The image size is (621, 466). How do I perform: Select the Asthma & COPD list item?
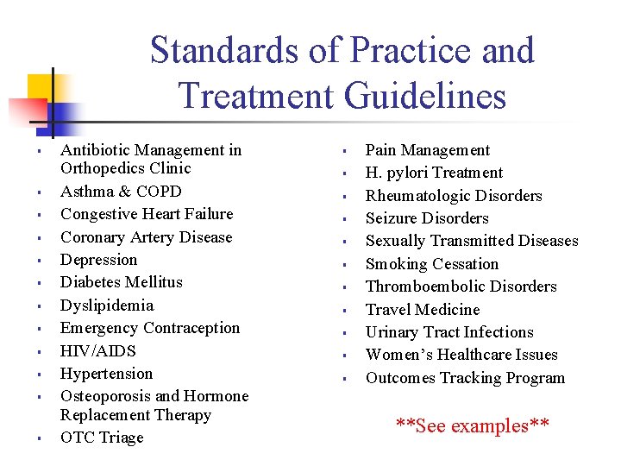[x=121, y=192]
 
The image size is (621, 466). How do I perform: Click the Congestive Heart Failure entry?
[x=147, y=214]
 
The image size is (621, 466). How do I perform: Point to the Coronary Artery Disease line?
[x=146, y=237]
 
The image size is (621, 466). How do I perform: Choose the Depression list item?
[x=99, y=260]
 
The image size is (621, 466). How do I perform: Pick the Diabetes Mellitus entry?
[x=122, y=282]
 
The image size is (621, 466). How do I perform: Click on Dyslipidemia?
[x=107, y=305]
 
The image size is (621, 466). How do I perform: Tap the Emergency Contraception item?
[x=150, y=328]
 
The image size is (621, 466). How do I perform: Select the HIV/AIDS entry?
[x=98, y=351]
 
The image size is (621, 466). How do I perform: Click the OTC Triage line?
[x=102, y=438]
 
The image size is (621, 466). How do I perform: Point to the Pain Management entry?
[x=428, y=150]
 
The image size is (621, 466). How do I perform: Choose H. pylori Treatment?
[x=434, y=173]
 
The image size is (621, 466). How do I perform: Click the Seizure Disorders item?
[x=427, y=218]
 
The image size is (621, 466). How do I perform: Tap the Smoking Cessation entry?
[x=432, y=264]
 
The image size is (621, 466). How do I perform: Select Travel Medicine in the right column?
[x=423, y=310]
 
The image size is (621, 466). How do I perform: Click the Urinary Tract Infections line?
[x=449, y=332]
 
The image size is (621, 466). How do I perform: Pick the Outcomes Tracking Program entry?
[x=466, y=378]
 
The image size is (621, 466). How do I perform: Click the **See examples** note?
[x=472, y=425]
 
